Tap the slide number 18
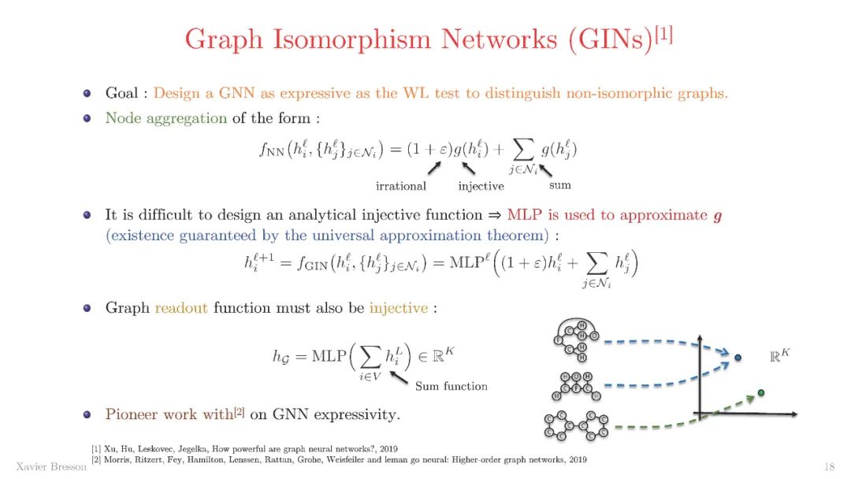click(x=828, y=465)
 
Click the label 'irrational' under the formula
click(x=401, y=186)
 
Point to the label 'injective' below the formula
click(x=481, y=186)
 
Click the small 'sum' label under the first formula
click(x=559, y=185)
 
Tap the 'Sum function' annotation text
click(x=452, y=386)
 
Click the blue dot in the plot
click(x=738, y=358)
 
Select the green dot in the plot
click(x=760, y=392)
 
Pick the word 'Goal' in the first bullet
click(x=123, y=93)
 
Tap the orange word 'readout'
click(x=181, y=307)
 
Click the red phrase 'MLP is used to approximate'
click(x=607, y=214)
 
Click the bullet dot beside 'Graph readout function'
click(x=87, y=307)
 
